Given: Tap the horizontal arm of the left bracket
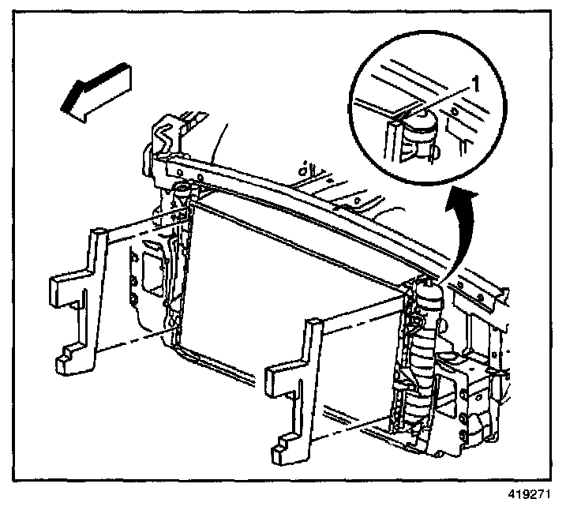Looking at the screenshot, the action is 66,285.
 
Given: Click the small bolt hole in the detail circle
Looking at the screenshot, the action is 455,112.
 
